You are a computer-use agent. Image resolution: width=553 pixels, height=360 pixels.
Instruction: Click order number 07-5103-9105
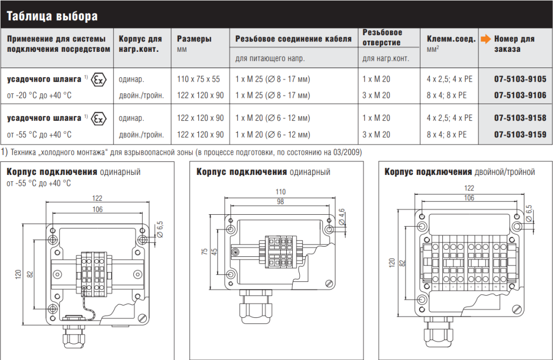tap(520, 79)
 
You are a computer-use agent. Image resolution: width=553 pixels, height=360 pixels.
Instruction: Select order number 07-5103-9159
tap(520, 134)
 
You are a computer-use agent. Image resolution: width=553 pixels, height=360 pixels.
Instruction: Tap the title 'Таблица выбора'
tap(52, 16)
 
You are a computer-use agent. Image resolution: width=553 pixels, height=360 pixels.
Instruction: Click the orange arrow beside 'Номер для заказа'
tap(485, 39)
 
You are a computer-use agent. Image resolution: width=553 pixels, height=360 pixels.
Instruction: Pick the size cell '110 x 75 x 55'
tap(198, 79)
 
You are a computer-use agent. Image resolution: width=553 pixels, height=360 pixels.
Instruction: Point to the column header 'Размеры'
tap(194, 39)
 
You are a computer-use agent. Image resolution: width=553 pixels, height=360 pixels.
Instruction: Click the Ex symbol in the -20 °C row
tap(99, 79)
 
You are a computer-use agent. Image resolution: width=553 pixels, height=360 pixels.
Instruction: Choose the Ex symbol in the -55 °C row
tap(99, 119)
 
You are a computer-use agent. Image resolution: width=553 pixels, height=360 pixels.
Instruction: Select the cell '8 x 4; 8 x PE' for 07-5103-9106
tap(447, 95)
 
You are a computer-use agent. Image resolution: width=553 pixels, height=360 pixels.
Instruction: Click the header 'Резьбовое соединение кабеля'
tap(293, 39)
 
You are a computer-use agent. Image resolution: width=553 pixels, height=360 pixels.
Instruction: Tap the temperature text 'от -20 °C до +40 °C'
tap(39, 95)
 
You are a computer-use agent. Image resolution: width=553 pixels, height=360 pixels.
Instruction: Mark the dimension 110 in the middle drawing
tap(280, 192)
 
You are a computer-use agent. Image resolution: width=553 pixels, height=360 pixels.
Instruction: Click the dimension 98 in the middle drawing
tap(280, 201)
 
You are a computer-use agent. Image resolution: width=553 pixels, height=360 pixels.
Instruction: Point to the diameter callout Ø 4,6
tap(342, 217)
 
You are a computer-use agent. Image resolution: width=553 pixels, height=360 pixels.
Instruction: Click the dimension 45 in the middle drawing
tap(214, 252)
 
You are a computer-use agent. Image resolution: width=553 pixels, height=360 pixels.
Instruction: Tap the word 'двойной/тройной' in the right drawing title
tap(505, 172)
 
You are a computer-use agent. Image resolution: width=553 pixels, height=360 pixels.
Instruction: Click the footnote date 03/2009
tap(347, 152)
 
